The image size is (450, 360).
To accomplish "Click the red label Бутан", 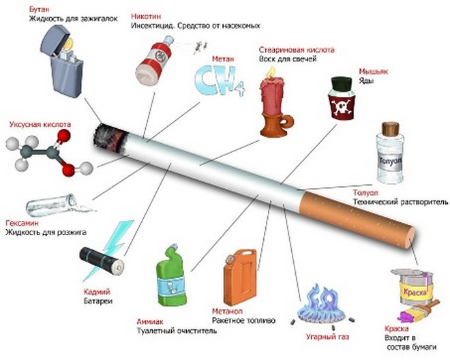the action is (x=39, y=9).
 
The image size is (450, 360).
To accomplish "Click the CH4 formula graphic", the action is (x=220, y=81).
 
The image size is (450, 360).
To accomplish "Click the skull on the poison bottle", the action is (x=342, y=106).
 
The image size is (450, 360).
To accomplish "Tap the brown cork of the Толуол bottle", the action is (x=390, y=130).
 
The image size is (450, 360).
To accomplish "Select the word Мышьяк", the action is (x=374, y=71).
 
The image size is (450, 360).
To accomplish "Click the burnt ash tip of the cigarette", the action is (x=110, y=138).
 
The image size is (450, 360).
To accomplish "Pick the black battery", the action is (x=102, y=260).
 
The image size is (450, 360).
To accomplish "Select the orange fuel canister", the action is (x=240, y=277).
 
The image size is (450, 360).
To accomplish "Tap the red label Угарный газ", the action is (x=327, y=337).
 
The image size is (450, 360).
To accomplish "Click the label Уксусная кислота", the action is (x=40, y=125).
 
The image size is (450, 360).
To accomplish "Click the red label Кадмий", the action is (x=97, y=292).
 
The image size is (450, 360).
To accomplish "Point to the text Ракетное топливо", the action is (x=243, y=320).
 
